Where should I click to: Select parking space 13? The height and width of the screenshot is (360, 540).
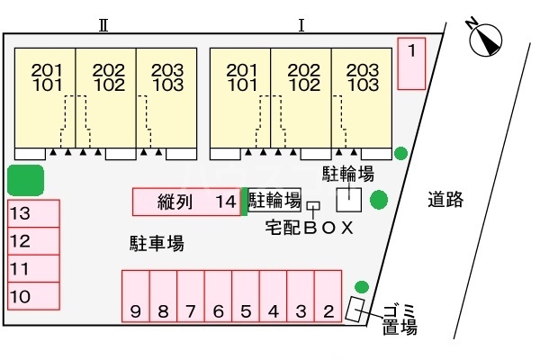(x=33, y=214)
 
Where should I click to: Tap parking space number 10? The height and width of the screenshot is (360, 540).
(x=33, y=295)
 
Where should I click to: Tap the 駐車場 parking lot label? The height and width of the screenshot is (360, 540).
(x=157, y=242)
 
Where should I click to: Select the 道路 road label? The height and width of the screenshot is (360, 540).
(x=445, y=200)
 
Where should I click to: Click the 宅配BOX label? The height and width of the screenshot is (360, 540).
(x=310, y=227)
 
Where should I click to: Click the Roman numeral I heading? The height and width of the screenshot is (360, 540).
(x=301, y=24)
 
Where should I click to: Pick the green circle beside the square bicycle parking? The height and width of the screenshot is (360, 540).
(x=379, y=198)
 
